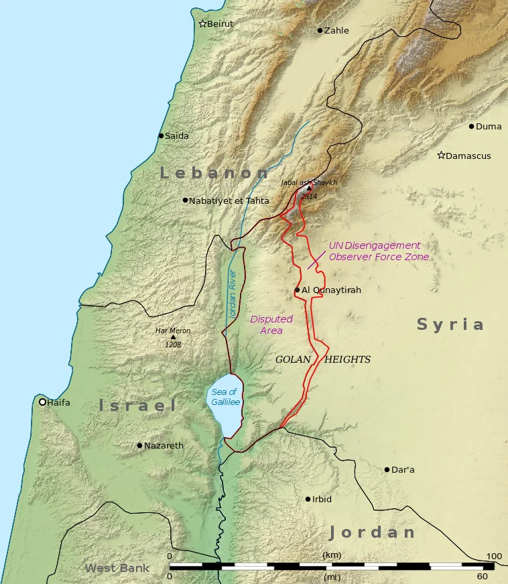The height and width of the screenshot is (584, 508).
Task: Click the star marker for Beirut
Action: coord(202,24)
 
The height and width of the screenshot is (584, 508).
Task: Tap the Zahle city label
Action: coord(336,31)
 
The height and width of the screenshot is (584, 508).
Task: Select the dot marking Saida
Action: coord(161,135)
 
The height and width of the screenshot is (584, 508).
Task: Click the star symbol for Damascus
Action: coord(441,156)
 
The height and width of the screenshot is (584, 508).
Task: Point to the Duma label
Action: coord(489,126)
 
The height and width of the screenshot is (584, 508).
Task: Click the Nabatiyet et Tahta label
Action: coord(229,200)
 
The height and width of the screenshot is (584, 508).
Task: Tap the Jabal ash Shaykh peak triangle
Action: coord(309,188)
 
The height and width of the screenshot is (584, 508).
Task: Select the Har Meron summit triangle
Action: coord(174,337)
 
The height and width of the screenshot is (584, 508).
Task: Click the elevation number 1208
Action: coord(174,345)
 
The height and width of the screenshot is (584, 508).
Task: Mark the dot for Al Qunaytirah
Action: coord(297,290)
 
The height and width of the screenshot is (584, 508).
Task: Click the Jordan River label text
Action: coord(233,294)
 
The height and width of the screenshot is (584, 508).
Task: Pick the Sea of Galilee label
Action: coord(225,397)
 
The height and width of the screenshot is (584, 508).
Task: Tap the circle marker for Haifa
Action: coord(42,402)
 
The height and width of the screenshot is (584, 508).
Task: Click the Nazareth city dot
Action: coord(139,445)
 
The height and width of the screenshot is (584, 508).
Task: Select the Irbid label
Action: coord(322,500)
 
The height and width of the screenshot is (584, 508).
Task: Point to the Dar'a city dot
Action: coord(387,469)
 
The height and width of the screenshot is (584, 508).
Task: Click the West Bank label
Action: coord(117,569)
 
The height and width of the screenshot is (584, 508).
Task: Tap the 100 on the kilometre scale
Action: coord(494,557)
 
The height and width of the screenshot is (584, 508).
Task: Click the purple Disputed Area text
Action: coord(271,325)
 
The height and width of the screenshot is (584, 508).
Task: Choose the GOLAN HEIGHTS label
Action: coord(323,360)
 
